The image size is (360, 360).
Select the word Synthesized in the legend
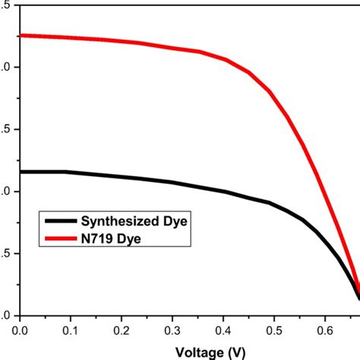(116, 221)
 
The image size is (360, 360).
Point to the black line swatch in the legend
(59, 221)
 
